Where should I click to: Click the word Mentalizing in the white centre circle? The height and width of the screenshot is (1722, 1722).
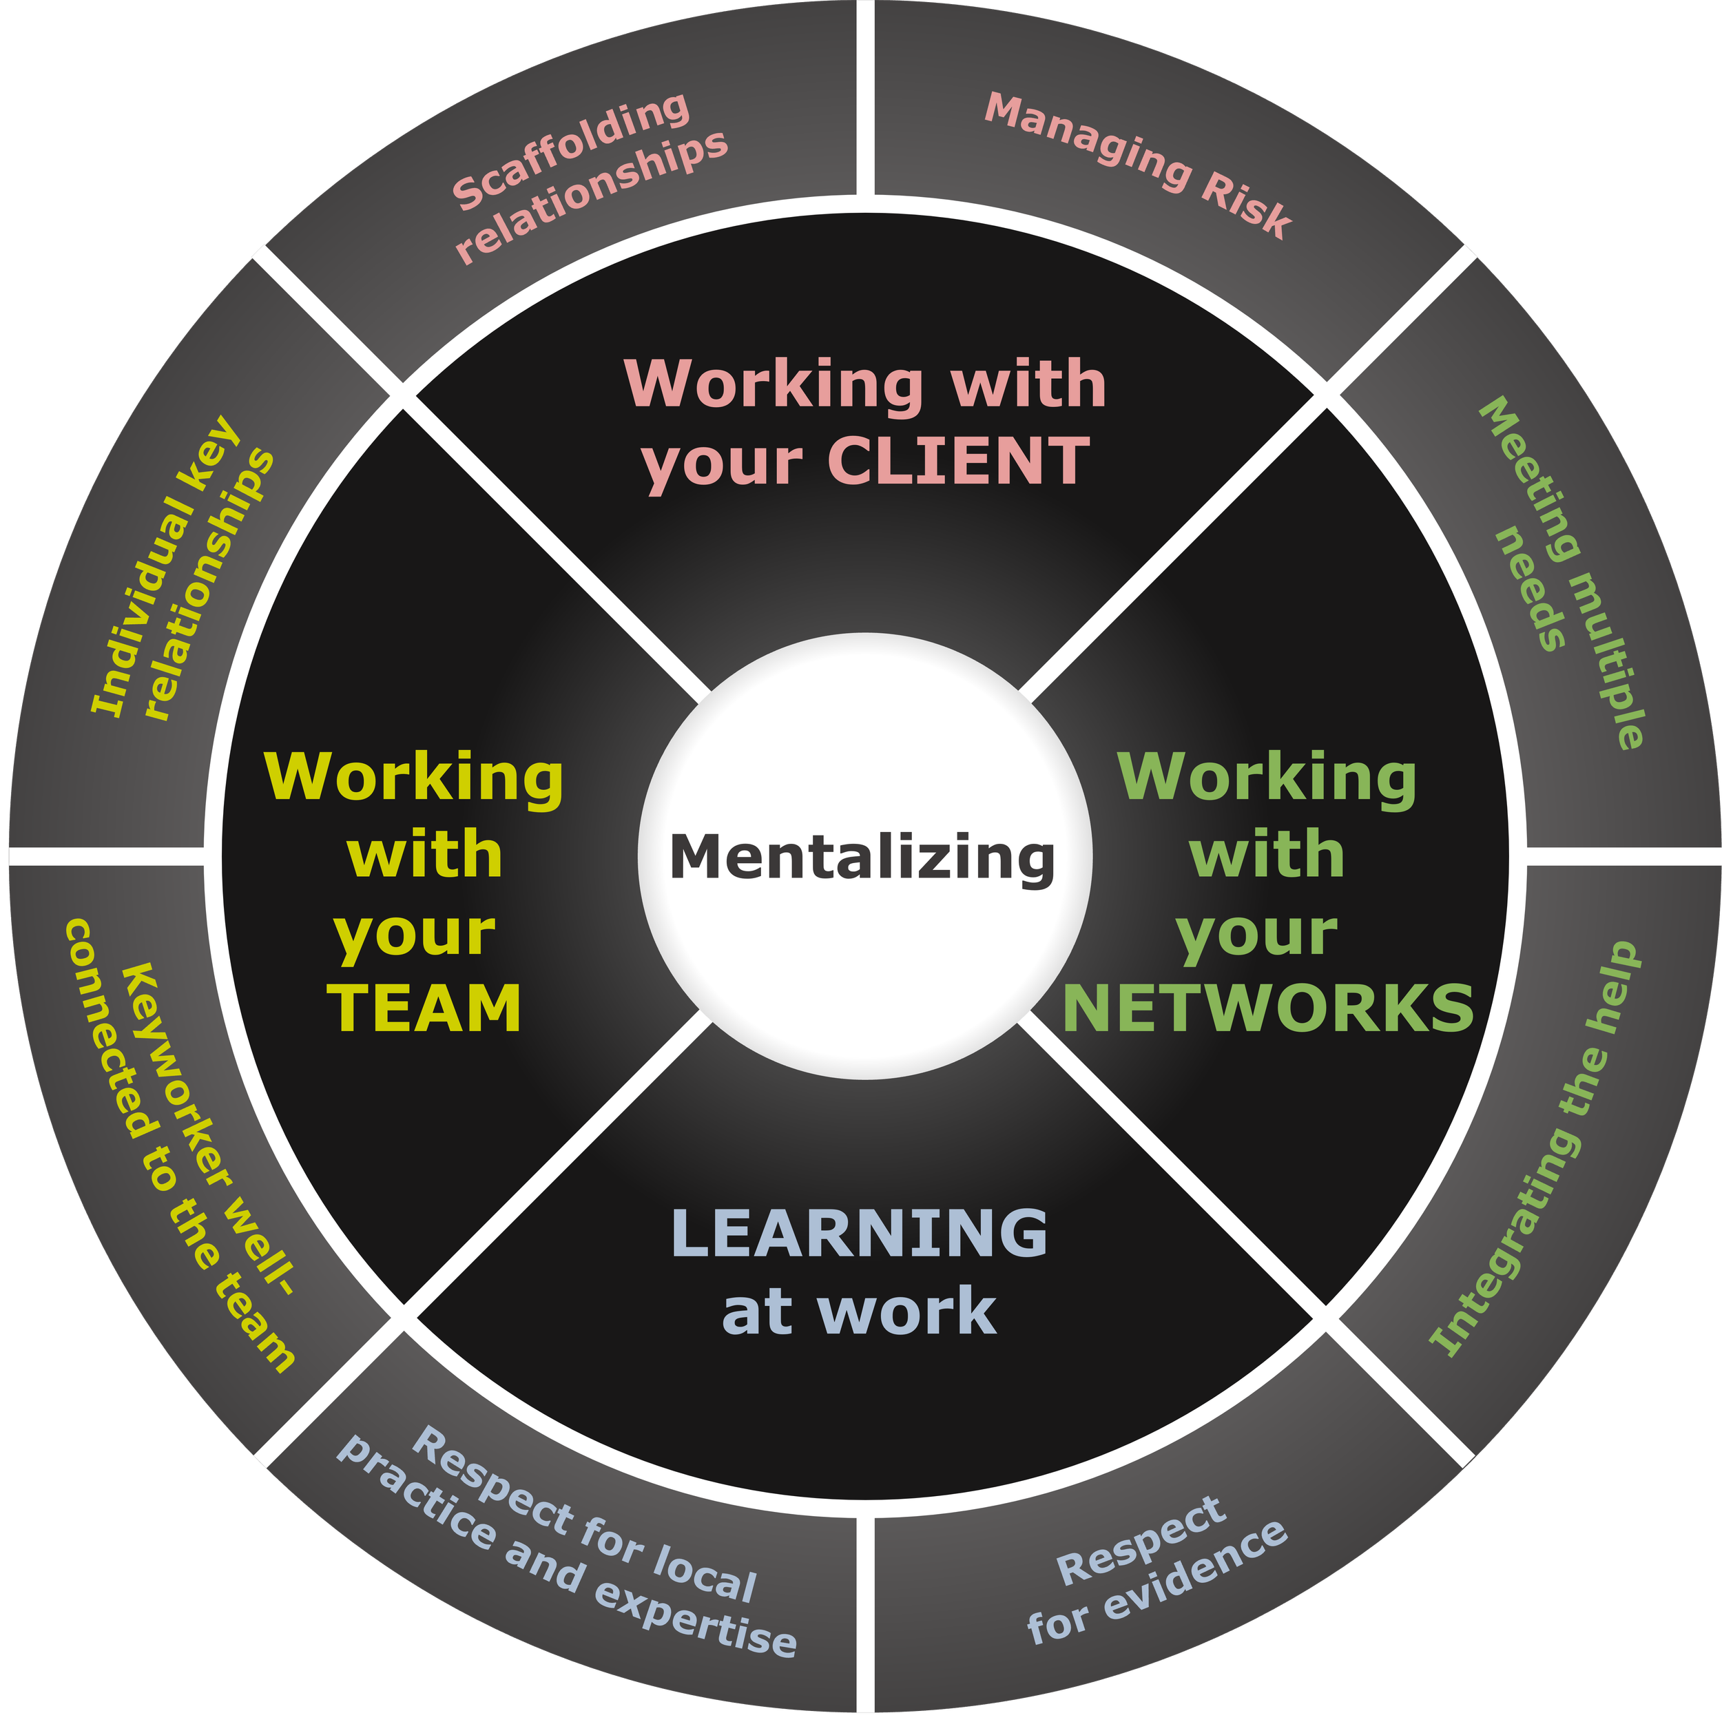pyautogui.click(x=862, y=858)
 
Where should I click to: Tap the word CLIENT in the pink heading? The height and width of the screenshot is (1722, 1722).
pyautogui.click(x=958, y=461)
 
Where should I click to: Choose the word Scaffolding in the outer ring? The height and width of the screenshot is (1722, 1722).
pyautogui.click(x=571, y=152)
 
